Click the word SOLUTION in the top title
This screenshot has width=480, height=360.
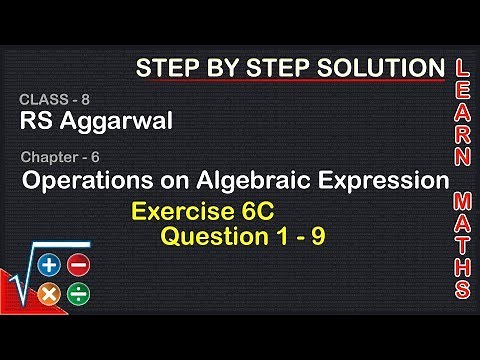click(379, 68)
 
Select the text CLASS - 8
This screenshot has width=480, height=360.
click(48, 101)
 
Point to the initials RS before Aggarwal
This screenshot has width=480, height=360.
click(35, 121)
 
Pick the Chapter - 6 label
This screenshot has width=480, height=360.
click(59, 156)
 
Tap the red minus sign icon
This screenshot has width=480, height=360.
click(79, 267)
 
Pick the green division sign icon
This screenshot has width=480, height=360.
click(79, 295)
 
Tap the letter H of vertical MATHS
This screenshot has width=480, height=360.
click(463, 265)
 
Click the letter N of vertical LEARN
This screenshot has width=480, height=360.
click(463, 156)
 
